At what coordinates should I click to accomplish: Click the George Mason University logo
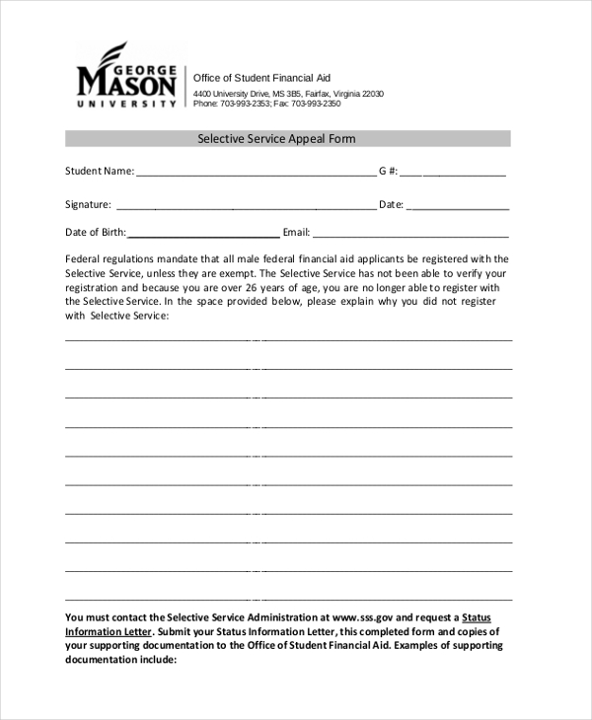point(127,76)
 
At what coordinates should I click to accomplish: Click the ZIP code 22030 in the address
point(372,94)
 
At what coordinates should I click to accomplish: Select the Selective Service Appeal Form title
point(287,139)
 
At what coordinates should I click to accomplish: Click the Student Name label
point(99,171)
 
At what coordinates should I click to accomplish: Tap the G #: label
point(388,171)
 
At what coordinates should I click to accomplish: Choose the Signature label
point(88,204)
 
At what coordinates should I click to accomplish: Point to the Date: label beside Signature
point(391,204)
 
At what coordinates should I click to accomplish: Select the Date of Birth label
point(95,233)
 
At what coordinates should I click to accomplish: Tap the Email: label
point(296,233)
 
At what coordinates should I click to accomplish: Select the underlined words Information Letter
point(109,631)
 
